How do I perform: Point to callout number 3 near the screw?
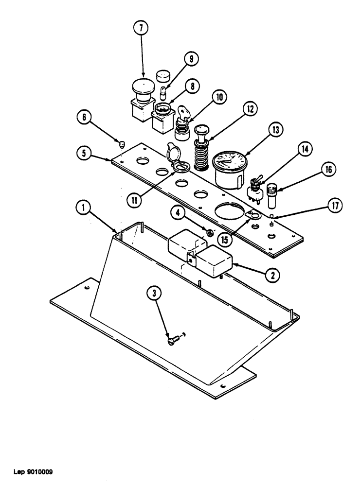coord(155,293)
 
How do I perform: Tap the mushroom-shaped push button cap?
coord(143,87)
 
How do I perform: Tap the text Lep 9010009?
coord(30,471)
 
